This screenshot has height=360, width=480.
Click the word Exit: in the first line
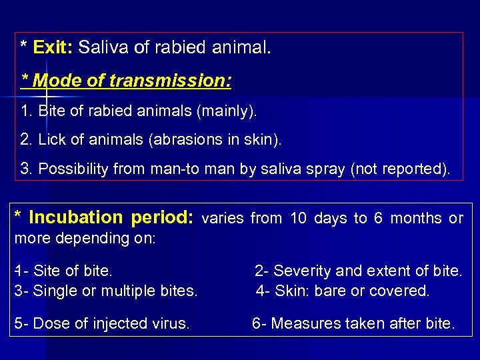point(53,48)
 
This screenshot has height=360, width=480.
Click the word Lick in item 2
point(51,140)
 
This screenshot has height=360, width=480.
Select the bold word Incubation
point(76,218)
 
